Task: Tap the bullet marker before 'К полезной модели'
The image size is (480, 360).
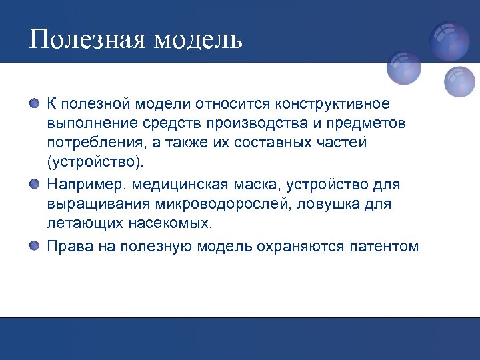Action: point(35,103)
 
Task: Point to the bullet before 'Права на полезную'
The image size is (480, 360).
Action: point(35,247)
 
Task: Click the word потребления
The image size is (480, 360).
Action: point(88,143)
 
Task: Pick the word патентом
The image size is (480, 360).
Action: point(383,247)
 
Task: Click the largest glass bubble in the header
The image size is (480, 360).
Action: point(449,41)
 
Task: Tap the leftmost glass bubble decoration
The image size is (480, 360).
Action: point(404,68)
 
